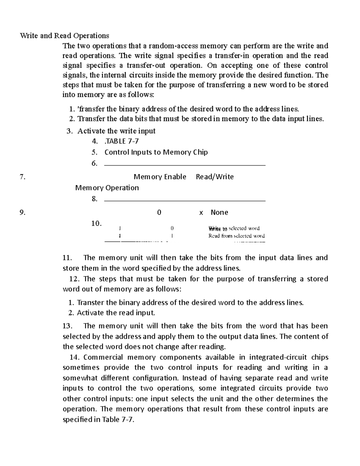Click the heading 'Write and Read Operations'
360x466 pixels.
(x=64, y=36)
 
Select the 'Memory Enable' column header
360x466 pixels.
(x=160, y=177)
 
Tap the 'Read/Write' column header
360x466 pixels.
(x=214, y=177)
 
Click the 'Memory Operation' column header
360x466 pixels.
(x=107, y=188)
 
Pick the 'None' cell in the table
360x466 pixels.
(x=219, y=212)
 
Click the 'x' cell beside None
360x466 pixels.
(x=201, y=213)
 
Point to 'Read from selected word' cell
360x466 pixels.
(x=236, y=236)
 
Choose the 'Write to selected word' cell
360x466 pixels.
(x=234, y=228)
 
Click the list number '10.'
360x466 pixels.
(x=96, y=224)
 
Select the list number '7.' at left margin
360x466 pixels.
(x=22, y=177)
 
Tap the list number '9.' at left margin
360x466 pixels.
(x=22, y=213)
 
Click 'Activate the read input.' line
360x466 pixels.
(x=116, y=313)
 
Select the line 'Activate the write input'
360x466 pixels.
(x=116, y=131)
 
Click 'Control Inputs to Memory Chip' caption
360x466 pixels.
(x=156, y=152)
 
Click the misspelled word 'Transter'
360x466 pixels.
(x=90, y=302)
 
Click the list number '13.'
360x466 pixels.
(x=69, y=326)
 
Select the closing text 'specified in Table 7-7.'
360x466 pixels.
(x=98, y=419)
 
